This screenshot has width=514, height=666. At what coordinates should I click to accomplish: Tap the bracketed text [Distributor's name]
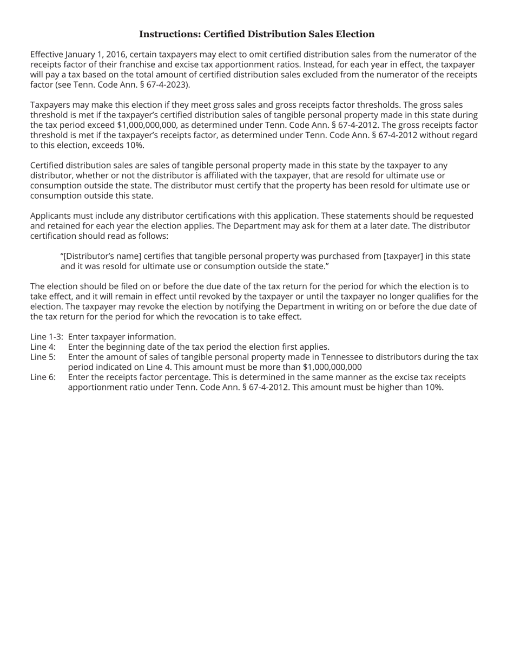(x=101, y=256)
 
